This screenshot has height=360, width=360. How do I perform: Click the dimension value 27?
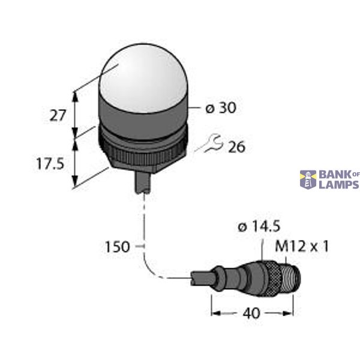(x=57, y=115)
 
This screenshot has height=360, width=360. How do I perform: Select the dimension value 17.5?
(x=50, y=164)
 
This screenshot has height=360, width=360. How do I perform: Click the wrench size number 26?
(x=236, y=146)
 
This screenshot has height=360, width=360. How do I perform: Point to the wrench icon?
(x=213, y=143)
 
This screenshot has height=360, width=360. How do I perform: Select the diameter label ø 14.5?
(x=258, y=228)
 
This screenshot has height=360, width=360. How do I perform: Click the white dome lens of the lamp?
(x=143, y=75)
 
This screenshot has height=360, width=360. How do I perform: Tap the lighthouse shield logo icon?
(x=308, y=179)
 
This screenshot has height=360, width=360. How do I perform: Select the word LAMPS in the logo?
(x=338, y=184)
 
